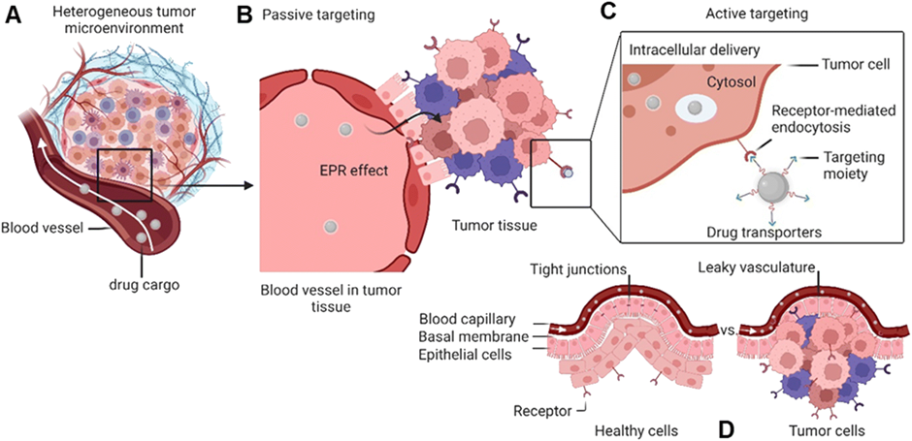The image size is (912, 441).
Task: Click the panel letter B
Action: click(x=244, y=16)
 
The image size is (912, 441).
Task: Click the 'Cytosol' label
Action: click(x=711, y=83)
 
